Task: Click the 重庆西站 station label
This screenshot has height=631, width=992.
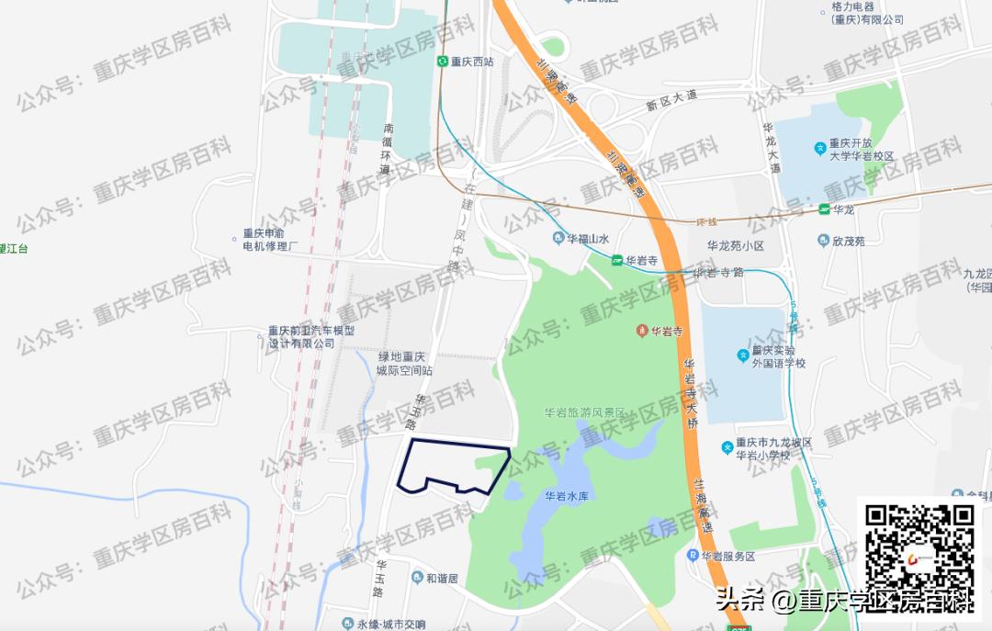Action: pyautogui.click(x=472, y=62)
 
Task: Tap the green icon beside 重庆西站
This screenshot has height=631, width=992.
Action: pyautogui.click(x=442, y=62)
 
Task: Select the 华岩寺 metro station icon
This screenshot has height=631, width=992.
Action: pyautogui.click(x=617, y=261)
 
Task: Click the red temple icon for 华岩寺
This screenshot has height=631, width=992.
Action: pyautogui.click(x=641, y=331)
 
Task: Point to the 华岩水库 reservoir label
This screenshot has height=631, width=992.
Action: pyautogui.click(x=566, y=496)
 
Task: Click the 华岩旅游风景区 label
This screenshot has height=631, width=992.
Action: pyautogui.click(x=584, y=413)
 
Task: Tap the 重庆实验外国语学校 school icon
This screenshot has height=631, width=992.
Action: pyautogui.click(x=743, y=355)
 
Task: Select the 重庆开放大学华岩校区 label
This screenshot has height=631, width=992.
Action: pyautogui.click(x=862, y=150)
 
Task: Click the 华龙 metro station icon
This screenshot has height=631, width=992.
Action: pyautogui.click(x=825, y=210)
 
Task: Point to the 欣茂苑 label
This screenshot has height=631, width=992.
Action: pyautogui.click(x=847, y=241)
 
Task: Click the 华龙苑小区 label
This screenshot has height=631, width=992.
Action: pyautogui.click(x=735, y=246)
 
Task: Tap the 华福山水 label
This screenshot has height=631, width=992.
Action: pyautogui.click(x=589, y=240)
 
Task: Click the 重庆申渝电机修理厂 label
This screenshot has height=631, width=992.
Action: pyautogui.click(x=270, y=240)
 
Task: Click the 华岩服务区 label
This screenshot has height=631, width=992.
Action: pyautogui.click(x=727, y=557)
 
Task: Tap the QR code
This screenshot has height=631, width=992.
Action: pyautogui.click(x=920, y=548)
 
